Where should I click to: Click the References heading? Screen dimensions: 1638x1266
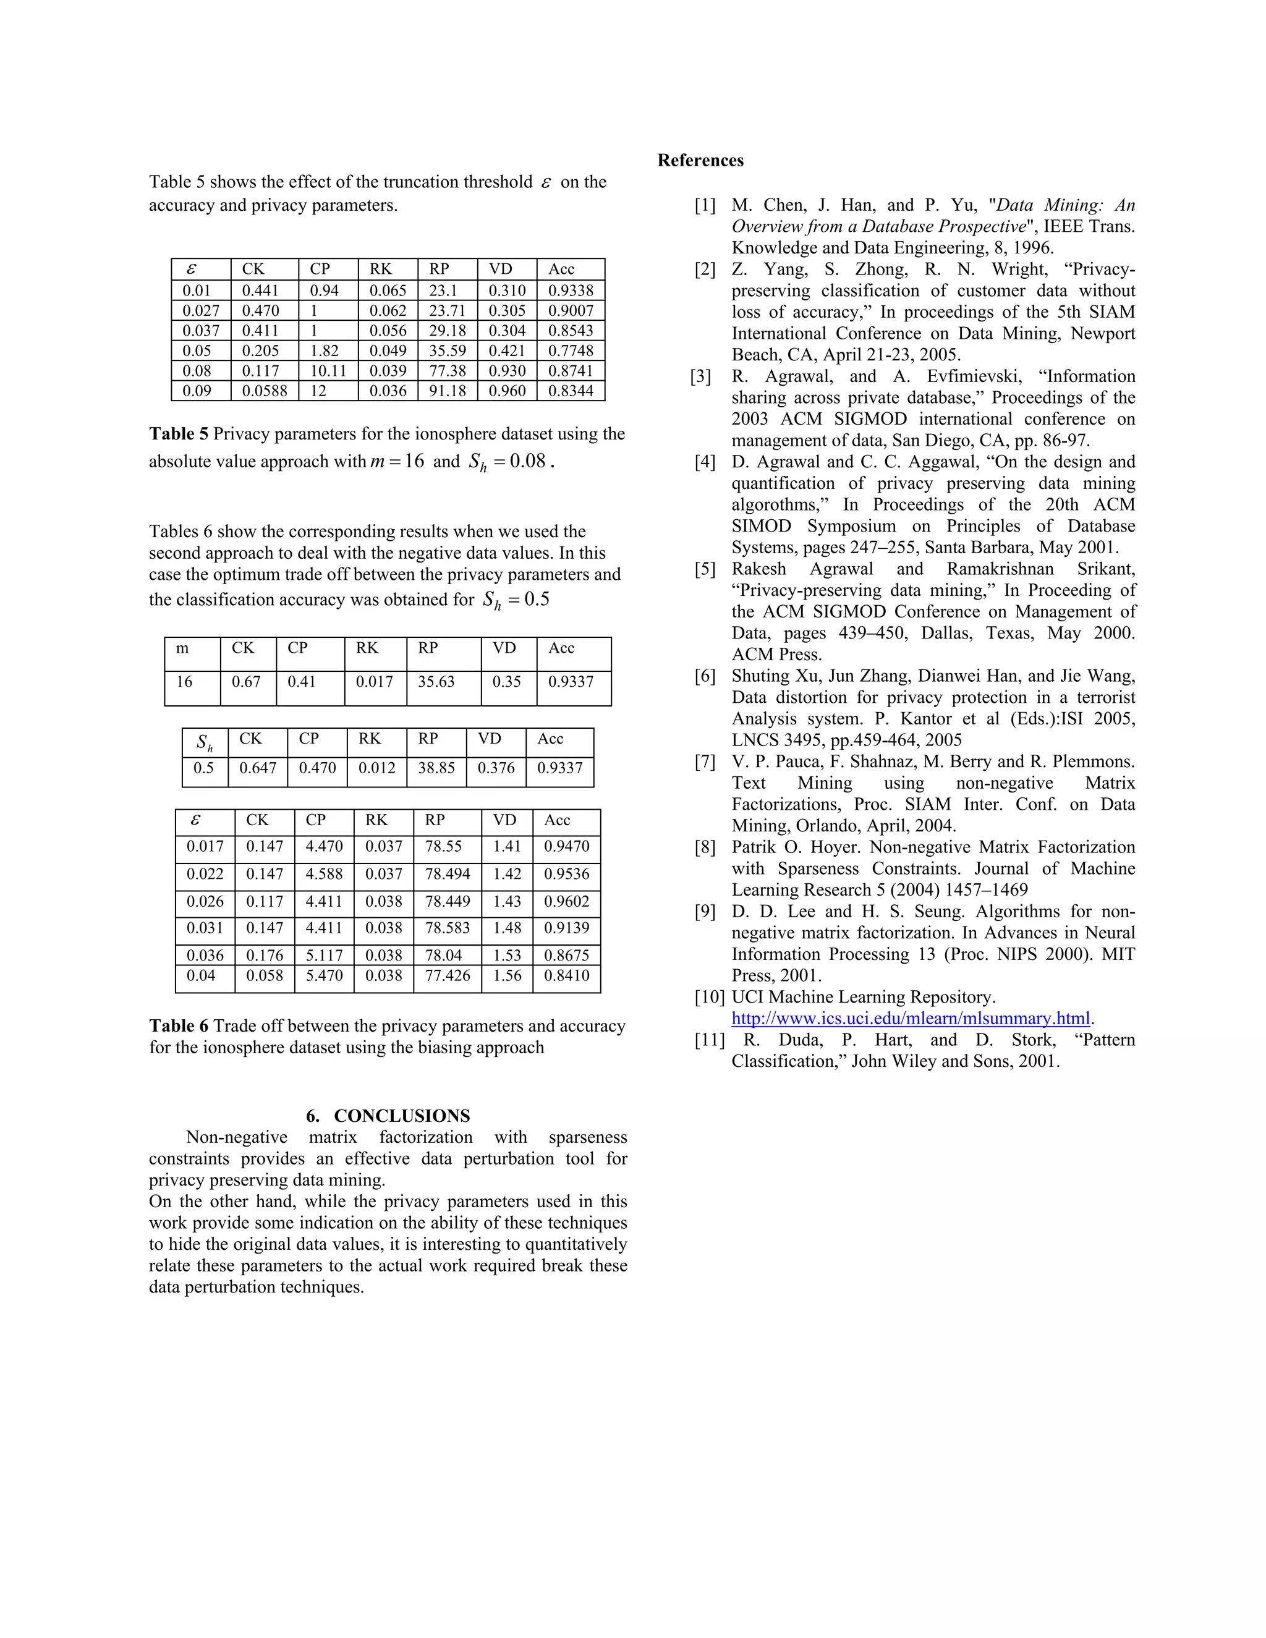[x=700, y=161]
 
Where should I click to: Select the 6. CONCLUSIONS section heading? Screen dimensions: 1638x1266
[x=388, y=1115]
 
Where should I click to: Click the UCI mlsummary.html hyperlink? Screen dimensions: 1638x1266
[x=910, y=1019]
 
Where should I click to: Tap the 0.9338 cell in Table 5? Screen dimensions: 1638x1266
[x=570, y=291]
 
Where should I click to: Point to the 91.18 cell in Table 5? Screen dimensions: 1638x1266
[x=447, y=391]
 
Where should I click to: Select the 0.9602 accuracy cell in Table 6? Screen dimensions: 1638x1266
[x=566, y=901]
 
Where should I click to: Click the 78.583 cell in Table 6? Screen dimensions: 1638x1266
[x=447, y=928]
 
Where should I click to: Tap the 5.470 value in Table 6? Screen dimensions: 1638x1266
[x=323, y=976]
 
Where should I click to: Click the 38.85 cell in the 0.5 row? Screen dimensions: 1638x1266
[x=436, y=768]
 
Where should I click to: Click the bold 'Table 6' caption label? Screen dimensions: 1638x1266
[x=179, y=1026]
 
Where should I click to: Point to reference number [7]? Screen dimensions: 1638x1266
[x=705, y=762]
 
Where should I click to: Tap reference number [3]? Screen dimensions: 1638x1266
[x=700, y=376]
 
